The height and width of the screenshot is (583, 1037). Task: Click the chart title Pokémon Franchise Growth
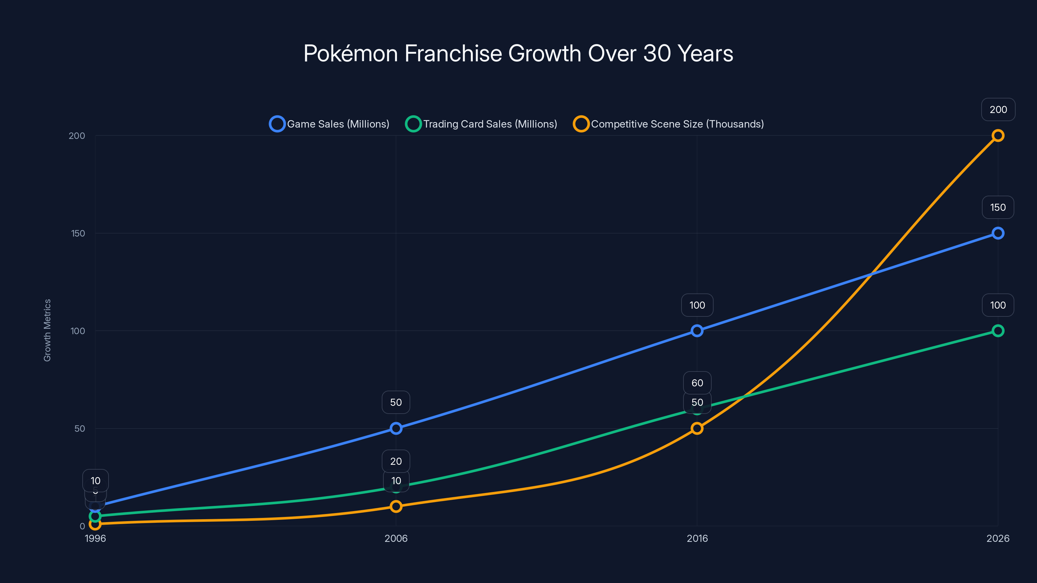tap(518, 53)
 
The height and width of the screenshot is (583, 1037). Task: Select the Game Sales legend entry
tap(329, 124)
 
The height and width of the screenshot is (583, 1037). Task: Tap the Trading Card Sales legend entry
tap(482, 124)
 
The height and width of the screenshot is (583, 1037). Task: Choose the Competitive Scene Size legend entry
tap(669, 124)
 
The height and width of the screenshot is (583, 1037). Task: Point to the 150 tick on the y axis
tap(78, 233)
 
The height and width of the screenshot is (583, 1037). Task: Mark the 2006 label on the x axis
tap(396, 538)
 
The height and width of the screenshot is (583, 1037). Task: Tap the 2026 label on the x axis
tap(997, 538)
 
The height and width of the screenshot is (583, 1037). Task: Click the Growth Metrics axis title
tap(48, 330)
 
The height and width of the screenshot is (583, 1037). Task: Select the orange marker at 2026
tap(997, 136)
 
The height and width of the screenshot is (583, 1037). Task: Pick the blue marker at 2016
tap(697, 331)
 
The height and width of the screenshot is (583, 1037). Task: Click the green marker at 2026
tap(997, 331)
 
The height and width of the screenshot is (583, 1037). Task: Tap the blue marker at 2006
tap(396, 429)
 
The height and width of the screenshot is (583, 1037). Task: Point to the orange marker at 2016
tap(697, 429)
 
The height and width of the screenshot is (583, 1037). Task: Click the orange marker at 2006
tap(396, 506)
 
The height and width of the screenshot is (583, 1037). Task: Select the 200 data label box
tap(998, 109)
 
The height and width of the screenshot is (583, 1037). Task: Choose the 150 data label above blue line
tap(997, 207)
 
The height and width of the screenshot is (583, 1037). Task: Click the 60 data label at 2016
tap(697, 383)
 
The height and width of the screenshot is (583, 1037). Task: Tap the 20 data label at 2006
tap(396, 461)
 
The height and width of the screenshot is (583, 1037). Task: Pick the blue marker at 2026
tap(997, 233)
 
